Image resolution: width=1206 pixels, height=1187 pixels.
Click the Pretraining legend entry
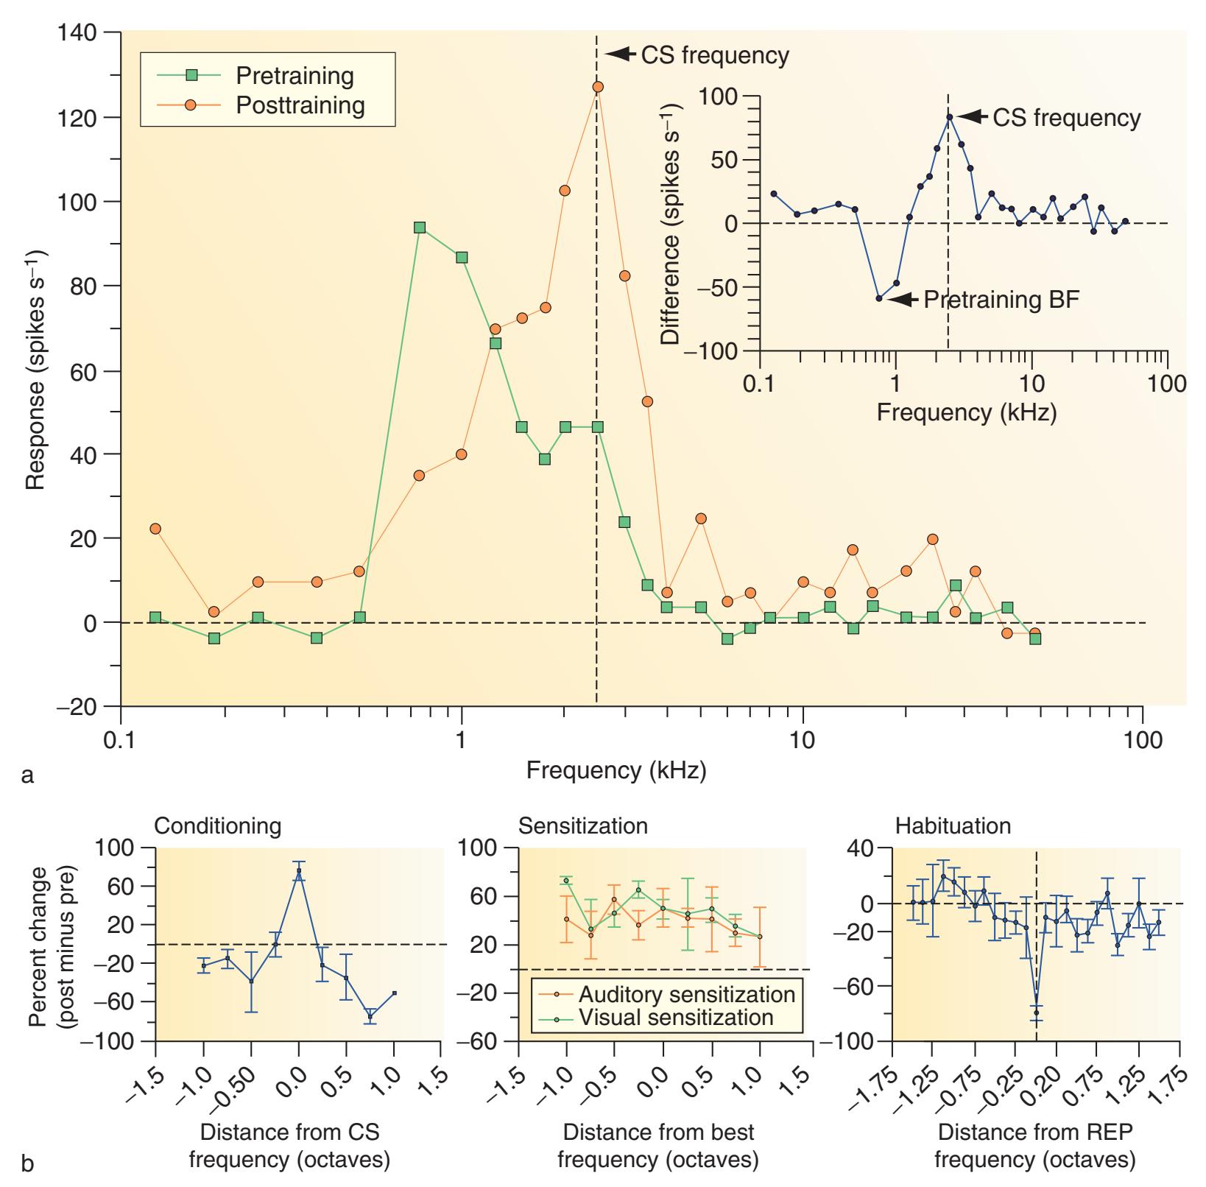[294, 75]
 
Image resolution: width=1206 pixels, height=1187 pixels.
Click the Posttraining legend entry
[300, 105]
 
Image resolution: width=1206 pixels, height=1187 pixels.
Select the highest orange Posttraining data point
[598, 87]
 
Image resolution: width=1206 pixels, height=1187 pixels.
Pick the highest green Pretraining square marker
[420, 228]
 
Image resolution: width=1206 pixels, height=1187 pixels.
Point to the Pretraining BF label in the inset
[1001, 299]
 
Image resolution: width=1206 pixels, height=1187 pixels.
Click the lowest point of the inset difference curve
[879, 298]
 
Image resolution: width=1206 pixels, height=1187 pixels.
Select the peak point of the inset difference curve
[949, 117]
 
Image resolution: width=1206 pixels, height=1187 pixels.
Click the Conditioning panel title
[217, 826]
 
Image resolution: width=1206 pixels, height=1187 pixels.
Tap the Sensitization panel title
[583, 826]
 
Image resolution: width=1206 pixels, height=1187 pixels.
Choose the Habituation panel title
[953, 826]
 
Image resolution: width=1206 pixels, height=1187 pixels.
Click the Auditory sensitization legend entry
[686, 994]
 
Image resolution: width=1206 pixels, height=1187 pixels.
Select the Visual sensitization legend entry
[675, 1018]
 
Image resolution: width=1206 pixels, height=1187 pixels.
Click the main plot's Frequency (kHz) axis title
[616, 770]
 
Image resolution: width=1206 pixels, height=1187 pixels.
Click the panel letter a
[28, 775]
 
